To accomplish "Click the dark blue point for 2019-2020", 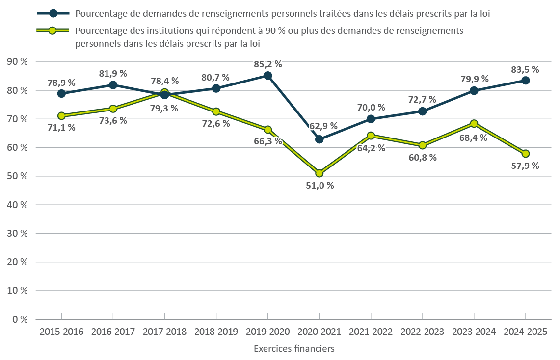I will coord(267,76).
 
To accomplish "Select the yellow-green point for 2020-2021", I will coord(320,173).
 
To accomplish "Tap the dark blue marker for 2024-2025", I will coord(525,81).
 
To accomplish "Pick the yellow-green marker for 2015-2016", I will coord(61,116).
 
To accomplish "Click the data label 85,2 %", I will coord(268,64).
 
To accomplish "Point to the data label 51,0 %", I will coord(320,186).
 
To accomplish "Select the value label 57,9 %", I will coord(525,166).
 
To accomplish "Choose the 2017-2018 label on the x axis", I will coord(165,332).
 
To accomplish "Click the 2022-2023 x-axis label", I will coord(423,332).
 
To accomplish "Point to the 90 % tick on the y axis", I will coord(17,62).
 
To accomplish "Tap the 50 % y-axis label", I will coord(17,176).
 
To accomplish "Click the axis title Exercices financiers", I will coord(294,349).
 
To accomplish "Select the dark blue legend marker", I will coord(53,14).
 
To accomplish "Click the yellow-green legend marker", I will coord(53,31).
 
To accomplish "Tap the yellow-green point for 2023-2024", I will coord(474,124).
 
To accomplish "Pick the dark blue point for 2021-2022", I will coord(371,119).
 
